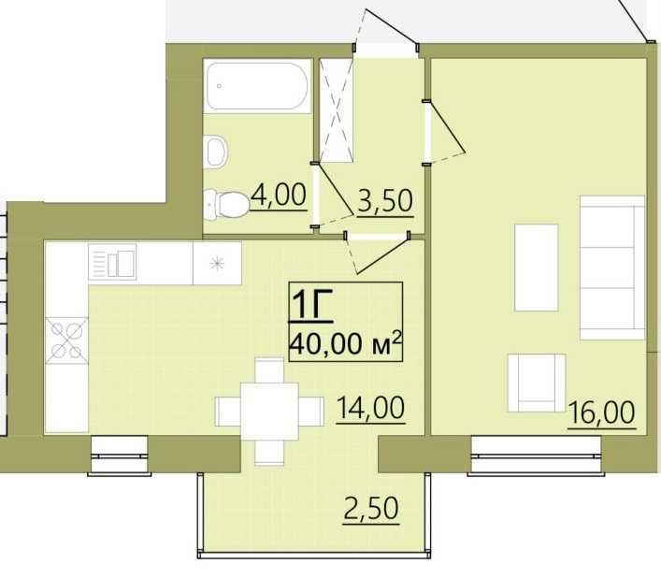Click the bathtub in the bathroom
pos(257,86)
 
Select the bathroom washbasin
pos(216,152)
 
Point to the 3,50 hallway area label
pos(385,202)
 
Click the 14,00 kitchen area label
pos(370,408)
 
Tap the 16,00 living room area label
pos(601,413)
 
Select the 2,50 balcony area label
pos(371,510)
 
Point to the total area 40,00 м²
pos(344,343)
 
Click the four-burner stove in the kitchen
pos(67,340)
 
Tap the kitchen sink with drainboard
pos(112,262)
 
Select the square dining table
pos(269,412)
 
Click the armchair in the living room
pos(537,383)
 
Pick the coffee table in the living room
pos(537,268)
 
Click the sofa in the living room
pos(612,268)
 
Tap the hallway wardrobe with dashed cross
pos(336,110)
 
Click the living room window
pos(536,456)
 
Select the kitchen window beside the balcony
pos(120,456)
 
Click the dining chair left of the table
pos(227,412)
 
